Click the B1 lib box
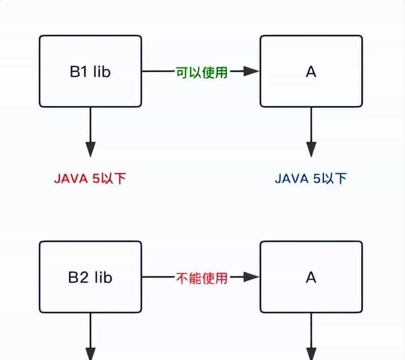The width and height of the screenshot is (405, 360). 90,71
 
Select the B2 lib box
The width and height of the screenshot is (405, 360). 90,277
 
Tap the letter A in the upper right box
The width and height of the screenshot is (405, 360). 311,72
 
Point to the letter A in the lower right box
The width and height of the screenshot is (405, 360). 311,278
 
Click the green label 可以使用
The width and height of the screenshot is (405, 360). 201,72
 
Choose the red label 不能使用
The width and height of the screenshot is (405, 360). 201,278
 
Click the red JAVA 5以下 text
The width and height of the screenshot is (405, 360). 90,179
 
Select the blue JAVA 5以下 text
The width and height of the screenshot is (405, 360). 310,179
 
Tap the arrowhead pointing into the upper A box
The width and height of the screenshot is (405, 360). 251,72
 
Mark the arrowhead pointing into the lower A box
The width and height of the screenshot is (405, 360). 251,278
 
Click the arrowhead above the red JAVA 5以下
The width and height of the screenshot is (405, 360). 91,150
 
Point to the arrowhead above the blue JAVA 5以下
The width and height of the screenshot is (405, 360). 311,150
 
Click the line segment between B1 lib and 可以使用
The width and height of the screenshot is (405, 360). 158,72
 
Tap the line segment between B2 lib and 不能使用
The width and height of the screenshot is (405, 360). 158,278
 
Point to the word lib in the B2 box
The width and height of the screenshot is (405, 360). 102,277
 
